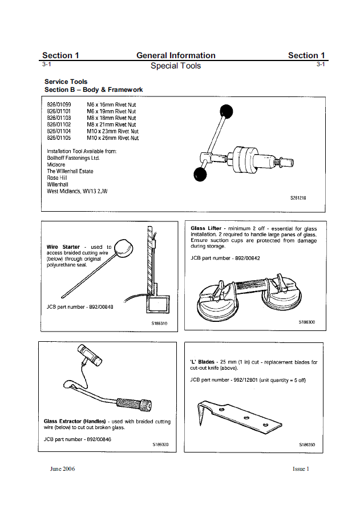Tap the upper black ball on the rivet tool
226,111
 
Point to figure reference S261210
298,198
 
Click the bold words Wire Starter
63,247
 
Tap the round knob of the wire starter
123,248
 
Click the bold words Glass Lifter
206,228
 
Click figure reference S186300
306,322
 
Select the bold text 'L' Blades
203,362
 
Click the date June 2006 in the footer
62,469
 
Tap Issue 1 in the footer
300,469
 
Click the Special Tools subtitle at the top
176,66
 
